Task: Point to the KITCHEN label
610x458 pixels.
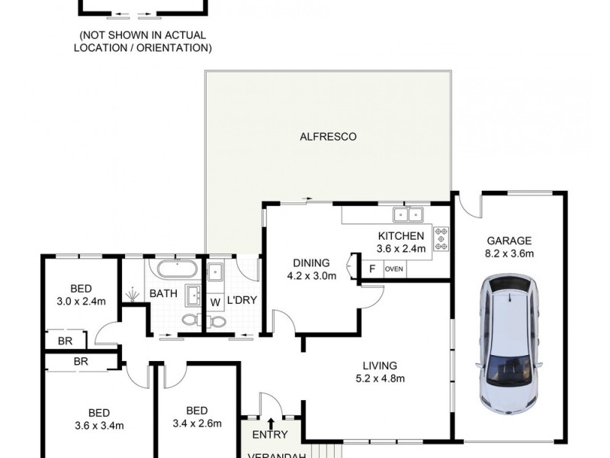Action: [x=401, y=235]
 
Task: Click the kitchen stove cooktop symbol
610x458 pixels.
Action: [x=441, y=239]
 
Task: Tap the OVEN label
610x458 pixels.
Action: [x=394, y=269]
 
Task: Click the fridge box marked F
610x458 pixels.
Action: [x=372, y=269]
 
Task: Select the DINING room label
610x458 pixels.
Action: [x=311, y=262]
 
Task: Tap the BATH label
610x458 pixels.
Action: [x=163, y=293]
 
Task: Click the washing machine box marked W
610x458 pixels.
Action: [x=215, y=302]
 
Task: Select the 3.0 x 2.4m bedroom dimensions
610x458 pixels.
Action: [x=81, y=302]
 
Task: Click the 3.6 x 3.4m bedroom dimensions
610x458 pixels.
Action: [x=99, y=425]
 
